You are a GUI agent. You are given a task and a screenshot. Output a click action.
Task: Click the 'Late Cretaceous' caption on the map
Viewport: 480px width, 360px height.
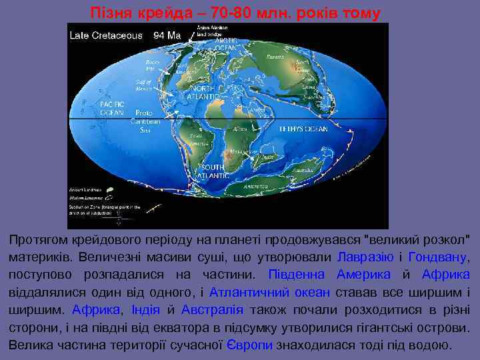coord(106,35)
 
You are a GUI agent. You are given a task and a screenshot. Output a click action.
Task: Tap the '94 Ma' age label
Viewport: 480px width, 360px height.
coord(168,35)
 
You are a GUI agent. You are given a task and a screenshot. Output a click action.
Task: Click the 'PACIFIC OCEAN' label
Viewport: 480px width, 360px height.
coord(111,108)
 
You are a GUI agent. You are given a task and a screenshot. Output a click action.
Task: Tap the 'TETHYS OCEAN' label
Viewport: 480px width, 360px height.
coord(303,129)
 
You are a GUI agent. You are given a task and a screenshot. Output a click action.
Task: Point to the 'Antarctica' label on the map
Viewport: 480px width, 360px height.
coord(255,187)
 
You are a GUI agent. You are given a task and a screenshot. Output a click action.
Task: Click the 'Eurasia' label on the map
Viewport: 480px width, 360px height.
coord(274,57)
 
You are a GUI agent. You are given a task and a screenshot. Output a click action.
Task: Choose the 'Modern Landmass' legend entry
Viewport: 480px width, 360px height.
coord(85,198)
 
